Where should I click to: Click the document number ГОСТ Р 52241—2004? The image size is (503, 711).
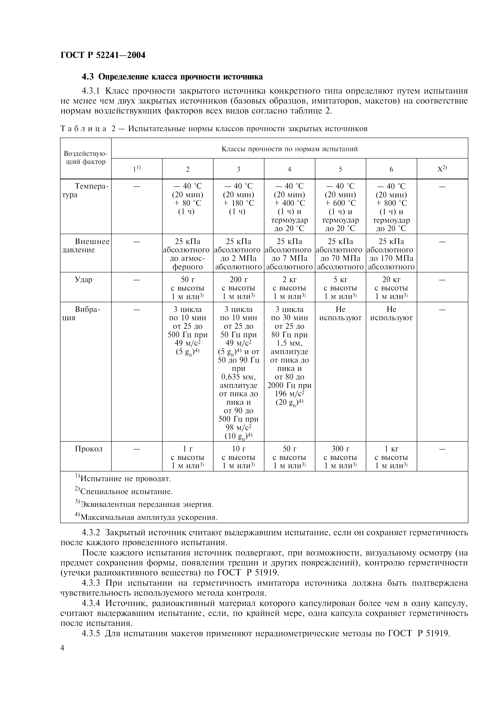[x=103, y=55]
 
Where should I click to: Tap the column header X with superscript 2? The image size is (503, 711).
[x=442, y=169]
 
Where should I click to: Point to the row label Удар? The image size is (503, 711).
[x=84, y=280]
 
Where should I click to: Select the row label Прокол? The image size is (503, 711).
[x=89, y=449]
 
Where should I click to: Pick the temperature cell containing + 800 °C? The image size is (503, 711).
[x=391, y=203]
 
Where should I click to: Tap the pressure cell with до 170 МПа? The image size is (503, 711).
[x=391, y=258]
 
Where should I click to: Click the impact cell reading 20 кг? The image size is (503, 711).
[x=391, y=280]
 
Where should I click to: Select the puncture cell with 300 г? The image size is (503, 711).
[x=340, y=449]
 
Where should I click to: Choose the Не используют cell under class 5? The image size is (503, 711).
[x=340, y=313]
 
